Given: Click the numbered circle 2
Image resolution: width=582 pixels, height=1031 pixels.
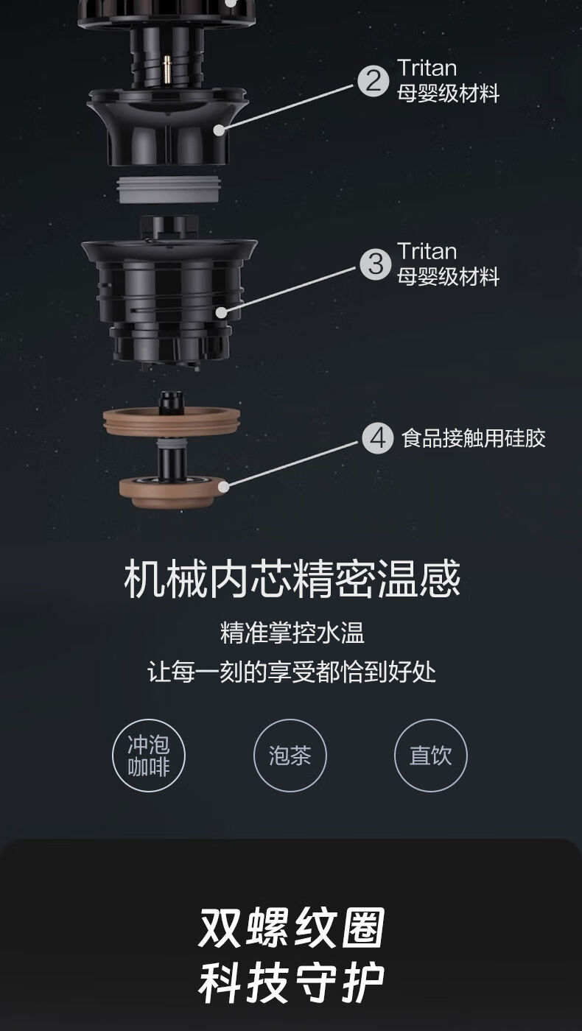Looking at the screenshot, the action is (x=373, y=81).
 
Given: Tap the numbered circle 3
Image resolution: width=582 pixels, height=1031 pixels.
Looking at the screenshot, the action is (x=376, y=264).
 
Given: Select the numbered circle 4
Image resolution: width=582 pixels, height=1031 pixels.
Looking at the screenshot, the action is (x=377, y=438).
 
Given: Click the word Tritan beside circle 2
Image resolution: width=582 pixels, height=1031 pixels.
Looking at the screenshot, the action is (x=427, y=68).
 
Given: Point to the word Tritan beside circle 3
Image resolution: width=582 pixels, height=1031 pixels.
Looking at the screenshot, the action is (x=427, y=252).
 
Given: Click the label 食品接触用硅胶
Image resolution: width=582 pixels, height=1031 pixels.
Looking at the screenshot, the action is (x=473, y=438).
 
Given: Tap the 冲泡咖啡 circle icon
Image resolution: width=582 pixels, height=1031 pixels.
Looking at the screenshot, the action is (x=148, y=756).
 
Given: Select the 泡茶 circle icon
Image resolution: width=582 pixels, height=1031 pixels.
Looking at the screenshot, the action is (x=290, y=756).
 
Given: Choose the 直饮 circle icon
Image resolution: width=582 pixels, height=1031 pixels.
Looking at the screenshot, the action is (x=430, y=756).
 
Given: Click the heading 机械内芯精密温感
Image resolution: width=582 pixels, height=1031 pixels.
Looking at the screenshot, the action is (x=292, y=579).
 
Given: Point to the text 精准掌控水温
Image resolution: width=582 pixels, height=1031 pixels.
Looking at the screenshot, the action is (x=292, y=633).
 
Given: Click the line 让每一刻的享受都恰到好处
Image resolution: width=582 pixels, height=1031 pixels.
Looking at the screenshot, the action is (x=292, y=672).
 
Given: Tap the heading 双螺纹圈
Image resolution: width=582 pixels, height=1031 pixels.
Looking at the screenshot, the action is (x=292, y=927).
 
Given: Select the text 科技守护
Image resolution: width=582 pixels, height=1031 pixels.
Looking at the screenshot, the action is (x=292, y=984).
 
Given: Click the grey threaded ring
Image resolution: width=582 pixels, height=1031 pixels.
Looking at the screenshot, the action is (x=169, y=190).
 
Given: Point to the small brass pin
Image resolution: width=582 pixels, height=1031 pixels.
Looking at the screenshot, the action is (x=166, y=69).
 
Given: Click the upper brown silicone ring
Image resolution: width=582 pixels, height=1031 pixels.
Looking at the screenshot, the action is (x=172, y=421).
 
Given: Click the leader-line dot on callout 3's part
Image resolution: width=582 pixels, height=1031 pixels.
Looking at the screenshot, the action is (x=222, y=312).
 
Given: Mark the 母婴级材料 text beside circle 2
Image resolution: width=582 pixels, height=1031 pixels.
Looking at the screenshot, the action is (x=448, y=93).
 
